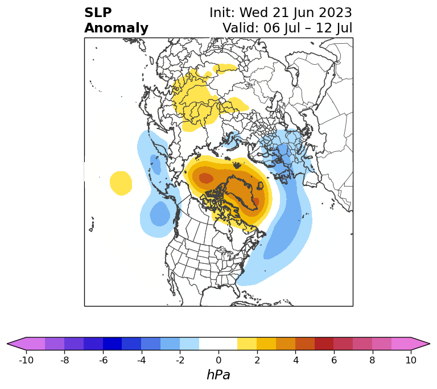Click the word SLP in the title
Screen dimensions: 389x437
(x=98, y=13)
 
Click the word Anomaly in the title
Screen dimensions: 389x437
(x=116, y=28)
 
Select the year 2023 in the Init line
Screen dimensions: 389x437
(x=336, y=13)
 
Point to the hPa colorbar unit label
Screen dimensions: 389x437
(x=218, y=375)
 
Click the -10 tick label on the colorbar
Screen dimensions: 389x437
(x=26, y=360)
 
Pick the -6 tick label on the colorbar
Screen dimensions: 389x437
(x=103, y=360)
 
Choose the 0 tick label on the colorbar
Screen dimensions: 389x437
(x=218, y=360)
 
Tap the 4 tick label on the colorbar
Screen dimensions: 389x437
(x=295, y=360)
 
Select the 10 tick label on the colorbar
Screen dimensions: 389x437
(x=411, y=360)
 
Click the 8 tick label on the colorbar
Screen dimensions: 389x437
(x=372, y=360)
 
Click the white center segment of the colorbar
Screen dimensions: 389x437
(x=218, y=344)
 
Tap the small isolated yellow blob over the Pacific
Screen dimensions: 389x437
(x=121, y=183)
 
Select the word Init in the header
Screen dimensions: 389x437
(x=222, y=13)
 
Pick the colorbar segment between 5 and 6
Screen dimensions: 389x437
(x=324, y=344)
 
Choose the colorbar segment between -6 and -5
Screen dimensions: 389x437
(x=113, y=344)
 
